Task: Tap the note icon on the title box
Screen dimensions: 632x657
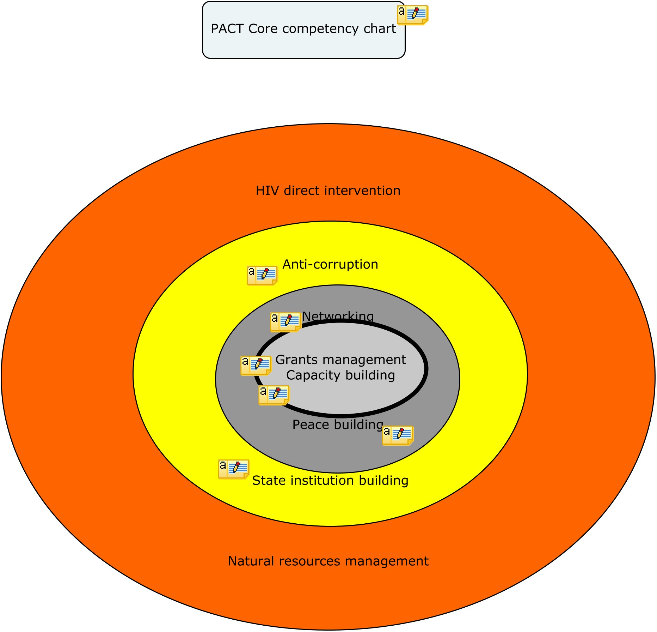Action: [412, 15]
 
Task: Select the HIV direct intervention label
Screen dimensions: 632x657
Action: [328, 191]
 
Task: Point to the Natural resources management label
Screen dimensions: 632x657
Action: [328, 561]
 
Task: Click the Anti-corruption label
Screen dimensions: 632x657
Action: [330, 264]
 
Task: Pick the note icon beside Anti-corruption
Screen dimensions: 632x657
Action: [262, 275]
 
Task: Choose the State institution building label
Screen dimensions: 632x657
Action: [330, 481]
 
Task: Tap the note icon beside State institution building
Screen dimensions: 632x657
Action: [233, 469]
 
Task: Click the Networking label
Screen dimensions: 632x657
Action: [338, 316]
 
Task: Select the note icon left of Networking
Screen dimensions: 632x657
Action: [285, 322]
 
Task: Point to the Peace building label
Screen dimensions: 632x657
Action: [338, 425]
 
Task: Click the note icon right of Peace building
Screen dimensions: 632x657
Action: [398, 435]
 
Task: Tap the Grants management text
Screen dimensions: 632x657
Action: [340, 360]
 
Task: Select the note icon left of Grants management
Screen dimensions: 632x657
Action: [256, 365]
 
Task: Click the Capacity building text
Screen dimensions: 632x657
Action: [340, 375]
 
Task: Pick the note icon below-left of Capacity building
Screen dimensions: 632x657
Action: [274, 395]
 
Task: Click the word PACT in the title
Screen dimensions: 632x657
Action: [227, 29]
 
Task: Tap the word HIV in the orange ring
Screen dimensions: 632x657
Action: [267, 191]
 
